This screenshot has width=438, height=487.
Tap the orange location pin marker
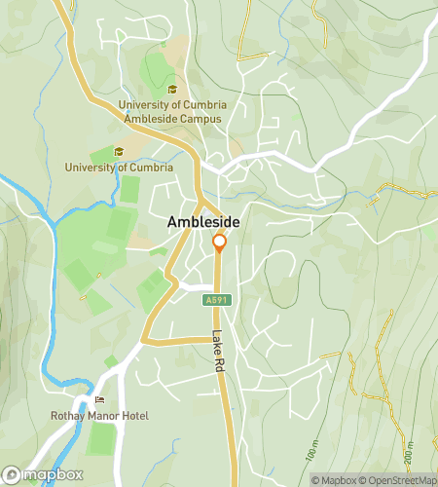(x=219, y=243)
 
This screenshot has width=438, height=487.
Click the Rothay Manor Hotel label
(x=99, y=416)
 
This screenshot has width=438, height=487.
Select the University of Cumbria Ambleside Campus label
(x=170, y=111)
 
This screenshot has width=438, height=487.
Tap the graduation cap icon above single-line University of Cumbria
(x=119, y=152)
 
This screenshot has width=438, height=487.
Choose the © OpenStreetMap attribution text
(x=399, y=479)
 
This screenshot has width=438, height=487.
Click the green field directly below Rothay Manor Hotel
(x=99, y=439)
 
